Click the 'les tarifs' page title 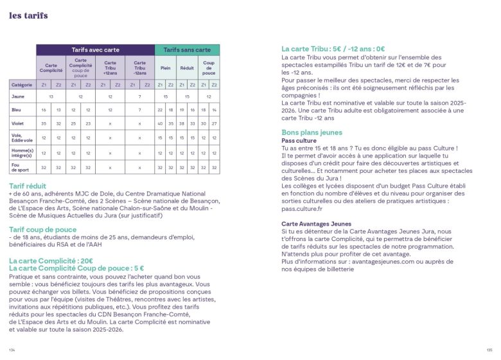coord(28,16)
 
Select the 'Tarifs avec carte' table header coord(95,50)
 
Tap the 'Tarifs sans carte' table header coord(187,50)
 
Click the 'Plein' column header coord(166,66)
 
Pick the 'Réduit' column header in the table coord(187,66)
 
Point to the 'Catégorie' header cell coord(22,84)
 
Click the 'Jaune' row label coord(18,96)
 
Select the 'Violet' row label coord(18,123)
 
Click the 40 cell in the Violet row coord(160,123)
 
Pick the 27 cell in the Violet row coord(214,123)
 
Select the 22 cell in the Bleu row coord(160,110)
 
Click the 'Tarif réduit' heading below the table coord(31,186)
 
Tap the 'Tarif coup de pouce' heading coord(43,230)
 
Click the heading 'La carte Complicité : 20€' coord(55,261)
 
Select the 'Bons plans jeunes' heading coord(312,132)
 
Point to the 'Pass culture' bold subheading coord(299,140)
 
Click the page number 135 coord(489,350)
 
